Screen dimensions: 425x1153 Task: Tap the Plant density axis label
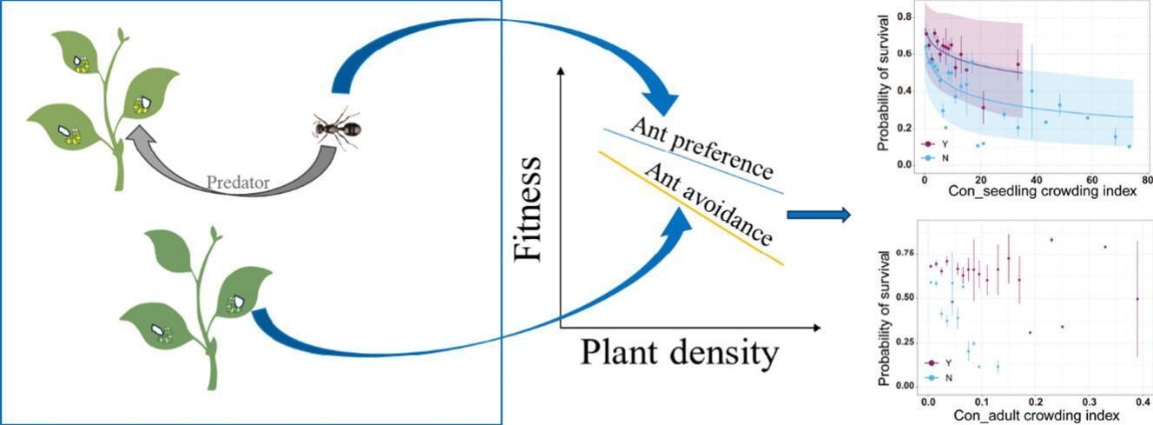(680, 354)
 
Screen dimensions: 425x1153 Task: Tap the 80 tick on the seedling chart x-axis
(1147, 177)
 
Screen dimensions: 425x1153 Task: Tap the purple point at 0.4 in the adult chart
(1137, 299)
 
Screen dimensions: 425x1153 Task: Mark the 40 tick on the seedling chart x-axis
(1034, 177)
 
